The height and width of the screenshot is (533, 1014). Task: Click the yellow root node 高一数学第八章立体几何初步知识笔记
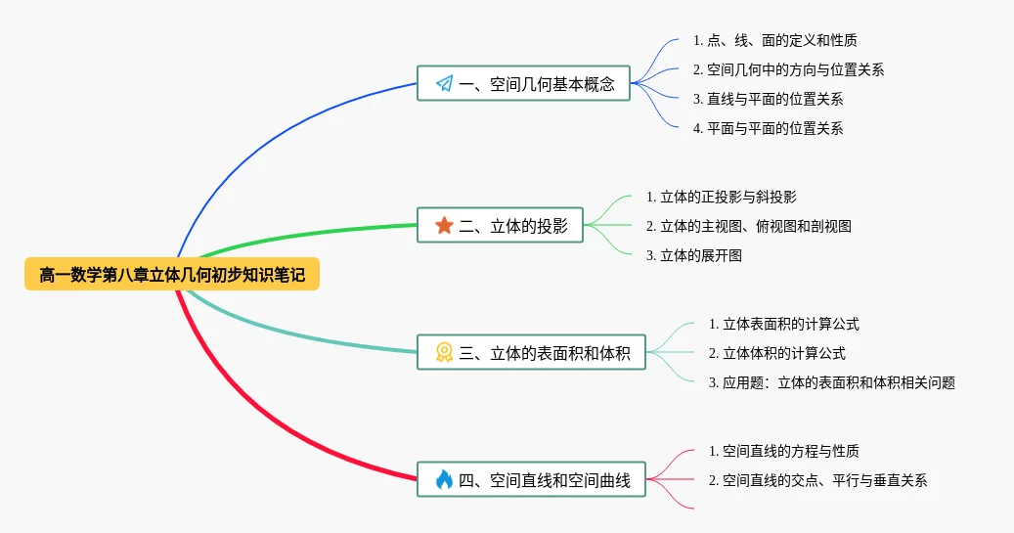tap(172, 274)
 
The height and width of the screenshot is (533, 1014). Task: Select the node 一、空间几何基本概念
tap(523, 83)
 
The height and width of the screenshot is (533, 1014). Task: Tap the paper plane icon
tap(444, 83)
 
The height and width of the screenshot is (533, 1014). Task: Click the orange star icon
tap(444, 225)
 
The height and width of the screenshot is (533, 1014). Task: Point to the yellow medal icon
tap(444, 352)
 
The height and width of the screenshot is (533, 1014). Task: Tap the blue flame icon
tap(444, 479)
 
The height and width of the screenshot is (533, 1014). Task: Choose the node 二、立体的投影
tap(500, 225)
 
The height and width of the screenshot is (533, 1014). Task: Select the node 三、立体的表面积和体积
tap(531, 352)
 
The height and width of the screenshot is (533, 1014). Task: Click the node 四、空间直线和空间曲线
tap(531, 479)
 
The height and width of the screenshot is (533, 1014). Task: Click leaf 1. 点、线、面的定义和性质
tap(774, 41)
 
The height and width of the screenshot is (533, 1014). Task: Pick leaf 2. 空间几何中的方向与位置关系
tap(788, 69)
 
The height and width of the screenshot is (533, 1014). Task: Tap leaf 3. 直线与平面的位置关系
tap(768, 99)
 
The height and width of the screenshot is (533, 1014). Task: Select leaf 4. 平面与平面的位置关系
tap(768, 128)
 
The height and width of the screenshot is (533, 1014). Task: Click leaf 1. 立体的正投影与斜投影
tap(721, 197)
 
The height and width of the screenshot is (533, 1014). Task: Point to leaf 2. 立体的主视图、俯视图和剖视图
tap(748, 226)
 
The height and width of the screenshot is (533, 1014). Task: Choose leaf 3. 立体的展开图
tap(693, 255)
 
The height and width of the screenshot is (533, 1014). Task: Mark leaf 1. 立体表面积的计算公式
tap(784, 324)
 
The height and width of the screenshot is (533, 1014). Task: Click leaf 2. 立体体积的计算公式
tap(776, 353)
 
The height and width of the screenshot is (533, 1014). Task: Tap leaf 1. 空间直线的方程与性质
tap(784, 451)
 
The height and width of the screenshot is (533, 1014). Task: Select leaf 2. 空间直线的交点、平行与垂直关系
tap(818, 480)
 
